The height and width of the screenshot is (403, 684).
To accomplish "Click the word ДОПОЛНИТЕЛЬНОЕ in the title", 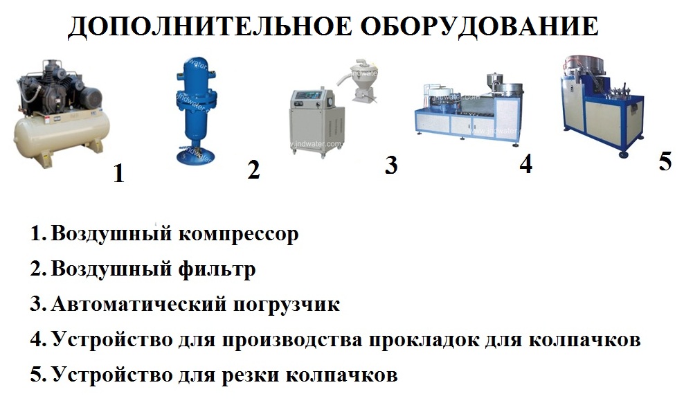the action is (x=209, y=28).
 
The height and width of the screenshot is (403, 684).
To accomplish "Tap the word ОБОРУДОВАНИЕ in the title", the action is (x=479, y=26).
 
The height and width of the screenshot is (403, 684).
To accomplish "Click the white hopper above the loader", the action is (x=362, y=78).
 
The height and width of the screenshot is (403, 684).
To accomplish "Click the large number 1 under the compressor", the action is (x=119, y=173).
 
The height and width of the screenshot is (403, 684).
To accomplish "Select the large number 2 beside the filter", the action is (x=253, y=170).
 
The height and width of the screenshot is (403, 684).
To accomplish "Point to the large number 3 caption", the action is (x=391, y=165).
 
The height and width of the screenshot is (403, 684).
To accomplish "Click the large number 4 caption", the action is (x=526, y=164).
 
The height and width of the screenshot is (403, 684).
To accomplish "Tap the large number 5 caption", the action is (x=665, y=161).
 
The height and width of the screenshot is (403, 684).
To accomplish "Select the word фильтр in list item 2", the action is (x=217, y=270).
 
